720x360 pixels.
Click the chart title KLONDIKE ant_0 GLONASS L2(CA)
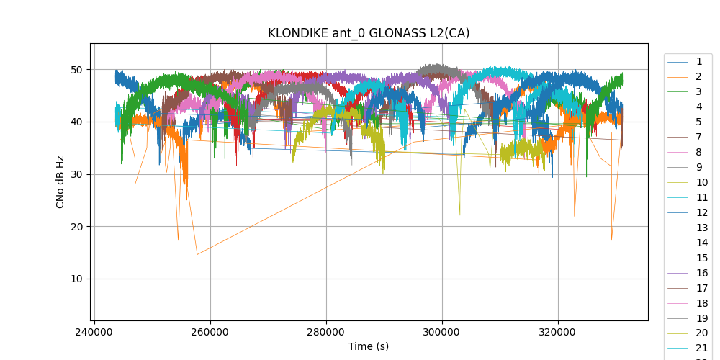[x=369, y=33]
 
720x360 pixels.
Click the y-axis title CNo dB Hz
[x=60, y=182]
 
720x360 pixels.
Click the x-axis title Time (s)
[x=369, y=346]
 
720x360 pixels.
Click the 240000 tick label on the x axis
[x=94, y=333]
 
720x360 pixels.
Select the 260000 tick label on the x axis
[x=210, y=333]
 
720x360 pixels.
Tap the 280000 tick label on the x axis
[x=326, y=333]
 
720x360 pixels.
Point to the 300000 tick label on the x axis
[x=442, y=333]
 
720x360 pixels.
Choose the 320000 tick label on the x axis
[x=558, y=333]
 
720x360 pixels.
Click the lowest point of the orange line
[x=197, y=254]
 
